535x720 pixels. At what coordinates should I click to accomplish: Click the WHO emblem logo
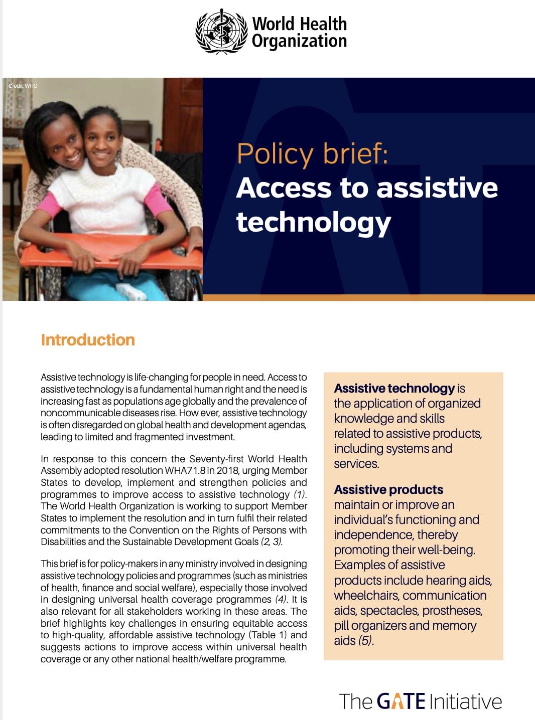tap(221, 31)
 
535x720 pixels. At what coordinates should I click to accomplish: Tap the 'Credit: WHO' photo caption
tap(23, 86)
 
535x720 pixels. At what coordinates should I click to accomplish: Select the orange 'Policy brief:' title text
tap(312, 153)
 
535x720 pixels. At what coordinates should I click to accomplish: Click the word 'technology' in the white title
tap(313, 222)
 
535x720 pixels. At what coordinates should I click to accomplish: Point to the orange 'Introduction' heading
tap(88, 340)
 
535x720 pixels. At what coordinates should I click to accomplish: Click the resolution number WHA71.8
tap(185, 471)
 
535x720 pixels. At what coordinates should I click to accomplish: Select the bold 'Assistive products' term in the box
tap(388, 489)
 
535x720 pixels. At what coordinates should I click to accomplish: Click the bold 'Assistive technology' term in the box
tap(394, 389)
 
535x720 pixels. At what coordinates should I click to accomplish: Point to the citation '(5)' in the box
tap(366, 640)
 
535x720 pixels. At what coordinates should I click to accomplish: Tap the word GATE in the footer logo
tap(401, 701)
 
